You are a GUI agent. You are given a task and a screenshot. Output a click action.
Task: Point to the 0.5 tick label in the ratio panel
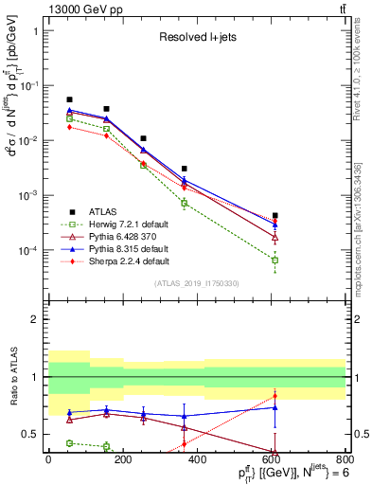(x=30, y=434)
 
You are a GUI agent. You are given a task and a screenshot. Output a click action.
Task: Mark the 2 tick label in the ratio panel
(x=34, y=320)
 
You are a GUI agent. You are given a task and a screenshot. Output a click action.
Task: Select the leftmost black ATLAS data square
(x=70, y=99)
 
